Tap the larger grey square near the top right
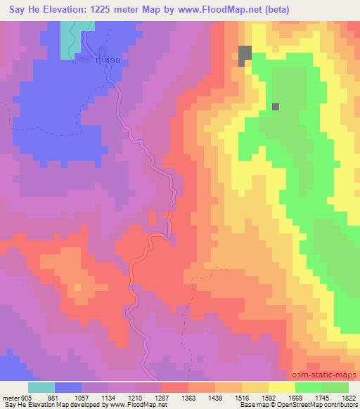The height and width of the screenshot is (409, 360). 245,54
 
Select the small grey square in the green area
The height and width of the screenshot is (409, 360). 276,107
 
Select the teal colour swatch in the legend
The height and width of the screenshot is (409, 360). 41,387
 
